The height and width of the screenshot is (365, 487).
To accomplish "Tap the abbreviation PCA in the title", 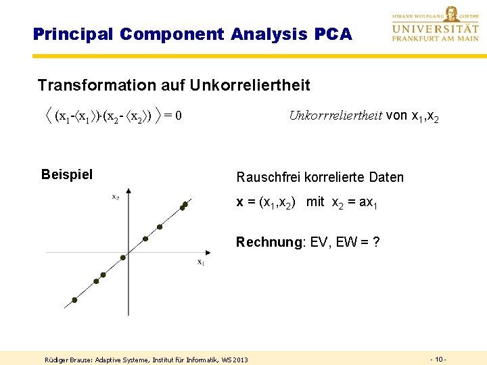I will pyautogui.click(x=333, y=34).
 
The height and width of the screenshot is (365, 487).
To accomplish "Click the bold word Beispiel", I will pyautogui.click(x=67, y=175).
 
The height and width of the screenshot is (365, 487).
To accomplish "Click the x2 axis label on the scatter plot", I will pyautogui.click(x=116, y=197).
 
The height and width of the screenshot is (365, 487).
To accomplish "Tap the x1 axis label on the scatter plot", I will pyautogui.click(x=201, y=262).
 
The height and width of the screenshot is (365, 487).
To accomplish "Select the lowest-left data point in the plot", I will pyautogui.click(x=74, y=300).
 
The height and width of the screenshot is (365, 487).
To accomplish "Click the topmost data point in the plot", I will pyautogui.click(x=185, y=203).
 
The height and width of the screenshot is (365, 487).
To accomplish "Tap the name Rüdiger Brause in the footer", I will pyautogui.click(x=68, y=359).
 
